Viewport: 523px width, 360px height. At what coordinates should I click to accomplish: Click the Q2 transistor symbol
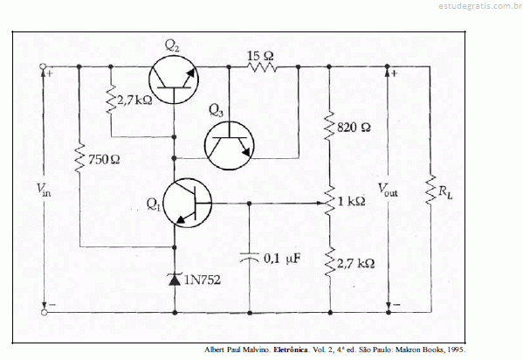pos(174,80)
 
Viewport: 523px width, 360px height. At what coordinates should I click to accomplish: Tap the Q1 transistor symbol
pos(187,203)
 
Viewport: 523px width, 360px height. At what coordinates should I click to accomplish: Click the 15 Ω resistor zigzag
pos(262,67)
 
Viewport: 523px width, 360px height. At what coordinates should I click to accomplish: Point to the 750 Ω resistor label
pos(104,160)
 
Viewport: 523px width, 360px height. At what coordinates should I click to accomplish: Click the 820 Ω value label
pos(354,128)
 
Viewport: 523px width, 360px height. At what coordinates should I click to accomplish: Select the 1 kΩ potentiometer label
pos(352,201)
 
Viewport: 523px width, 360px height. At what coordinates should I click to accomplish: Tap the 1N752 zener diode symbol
pos(175,280)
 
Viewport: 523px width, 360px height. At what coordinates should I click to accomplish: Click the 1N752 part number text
pos(203,280)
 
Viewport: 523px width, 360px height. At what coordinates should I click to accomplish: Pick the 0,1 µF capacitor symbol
pos(250,258)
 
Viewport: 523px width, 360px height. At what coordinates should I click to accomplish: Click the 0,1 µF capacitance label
pos(282,258)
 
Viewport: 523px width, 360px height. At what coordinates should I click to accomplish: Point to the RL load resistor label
pos(445,192)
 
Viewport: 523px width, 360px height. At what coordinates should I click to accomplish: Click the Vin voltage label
pos(44,190)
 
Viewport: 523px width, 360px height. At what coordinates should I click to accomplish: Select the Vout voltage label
pos(388,190)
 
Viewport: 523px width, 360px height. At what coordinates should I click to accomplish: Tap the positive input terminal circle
pos(43,66)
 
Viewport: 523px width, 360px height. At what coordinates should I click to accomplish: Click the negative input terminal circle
pos(44,313)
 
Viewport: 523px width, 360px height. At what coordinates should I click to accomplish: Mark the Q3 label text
pos(216,110)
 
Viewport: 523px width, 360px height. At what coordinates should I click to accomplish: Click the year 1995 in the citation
pos(457,350)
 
